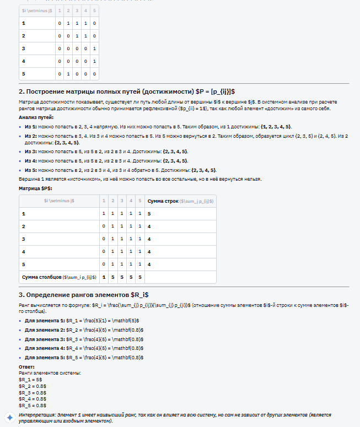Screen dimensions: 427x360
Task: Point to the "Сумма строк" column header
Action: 180,201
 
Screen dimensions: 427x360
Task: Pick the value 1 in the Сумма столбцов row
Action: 104,277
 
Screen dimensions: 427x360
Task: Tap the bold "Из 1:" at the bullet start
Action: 30,127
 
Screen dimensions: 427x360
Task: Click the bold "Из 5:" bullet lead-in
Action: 30,170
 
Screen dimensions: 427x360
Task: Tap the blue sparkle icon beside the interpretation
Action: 9,417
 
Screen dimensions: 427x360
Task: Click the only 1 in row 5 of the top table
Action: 68,73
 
